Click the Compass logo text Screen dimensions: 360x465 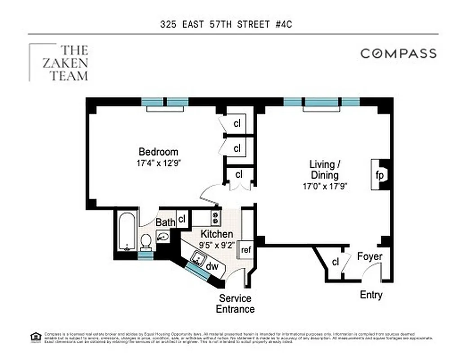[x=398, y=54]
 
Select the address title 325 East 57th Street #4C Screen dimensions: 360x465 [x=226, y=24]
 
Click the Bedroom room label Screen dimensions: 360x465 [x=158, y=152]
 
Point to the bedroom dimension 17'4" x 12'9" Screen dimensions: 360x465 [x=158, y=163]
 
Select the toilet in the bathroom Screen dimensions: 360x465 [x=146, y=242]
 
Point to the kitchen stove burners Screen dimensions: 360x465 [x=216, y=218]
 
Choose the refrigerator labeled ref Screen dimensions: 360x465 [x=246, y=250]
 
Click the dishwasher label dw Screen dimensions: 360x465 [x=212, y=266]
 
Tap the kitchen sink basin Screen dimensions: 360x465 [x=197, y=258]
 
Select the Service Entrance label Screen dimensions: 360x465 [x=235, y=304]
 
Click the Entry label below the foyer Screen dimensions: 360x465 [x=371, y=295]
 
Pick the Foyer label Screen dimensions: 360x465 [x=370, y=256]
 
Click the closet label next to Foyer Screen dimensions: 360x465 [x=335, y=262]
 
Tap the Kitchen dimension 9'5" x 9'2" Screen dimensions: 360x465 [x=217, y=246]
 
